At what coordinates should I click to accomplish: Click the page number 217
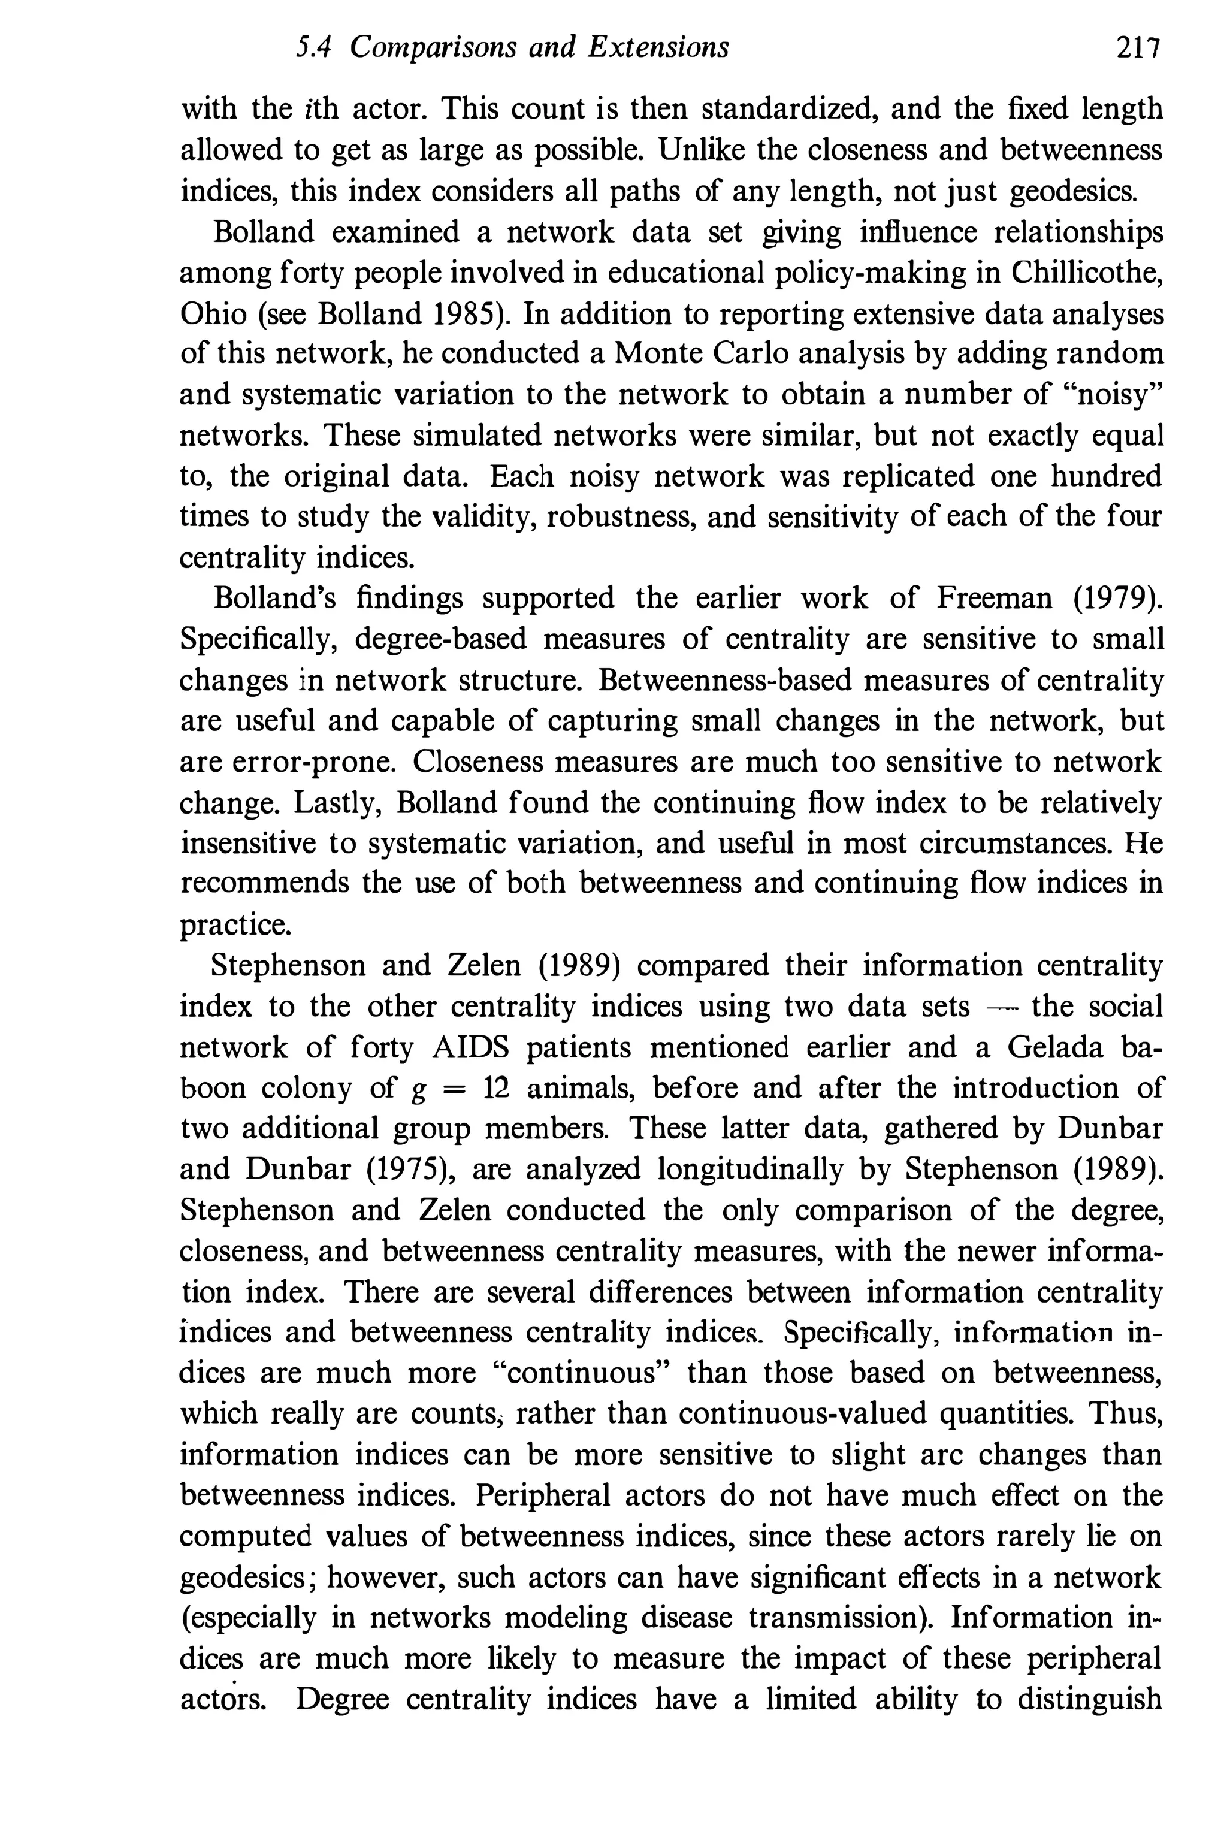(x=1136, y=49)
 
